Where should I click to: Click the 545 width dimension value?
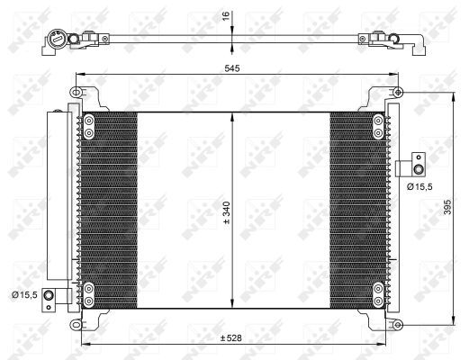pos(231,67)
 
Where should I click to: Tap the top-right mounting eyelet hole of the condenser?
pos(398,93)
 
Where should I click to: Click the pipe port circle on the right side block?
pos(417,166)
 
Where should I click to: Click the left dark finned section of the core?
pos(108,207)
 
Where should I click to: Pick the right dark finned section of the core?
pos(356,207)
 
